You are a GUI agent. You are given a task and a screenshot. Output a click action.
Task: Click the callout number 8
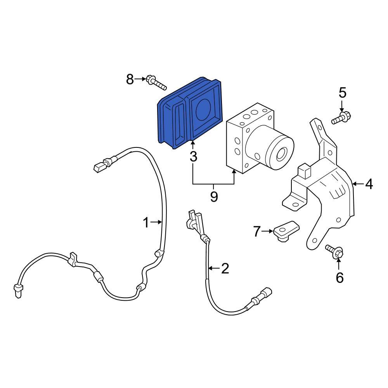(130, 80)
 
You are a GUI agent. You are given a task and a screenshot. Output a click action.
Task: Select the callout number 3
(193, 157)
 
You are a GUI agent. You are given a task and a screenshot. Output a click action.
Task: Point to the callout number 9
(214, 197)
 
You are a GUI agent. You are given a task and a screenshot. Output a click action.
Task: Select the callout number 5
(342, 93)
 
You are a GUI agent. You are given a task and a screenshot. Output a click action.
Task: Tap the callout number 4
(369, 184)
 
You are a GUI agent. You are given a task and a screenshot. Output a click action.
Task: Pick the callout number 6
(339, 277)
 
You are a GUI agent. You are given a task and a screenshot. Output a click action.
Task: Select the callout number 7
(256, 232)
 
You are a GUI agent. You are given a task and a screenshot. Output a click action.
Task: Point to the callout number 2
(225, 268)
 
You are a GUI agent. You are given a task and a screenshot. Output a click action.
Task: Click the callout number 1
(146, 222)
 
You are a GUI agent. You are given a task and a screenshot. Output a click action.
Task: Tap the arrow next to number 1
(157, 222)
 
